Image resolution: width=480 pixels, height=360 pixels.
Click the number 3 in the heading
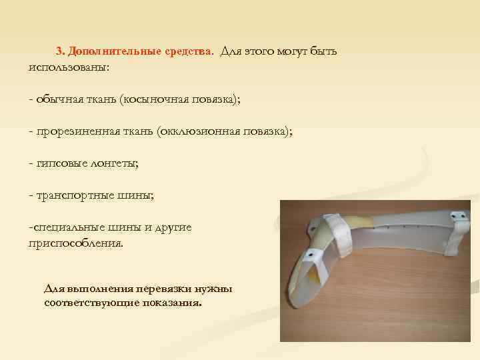(59, 51)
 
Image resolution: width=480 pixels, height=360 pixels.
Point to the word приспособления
(75, 244)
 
